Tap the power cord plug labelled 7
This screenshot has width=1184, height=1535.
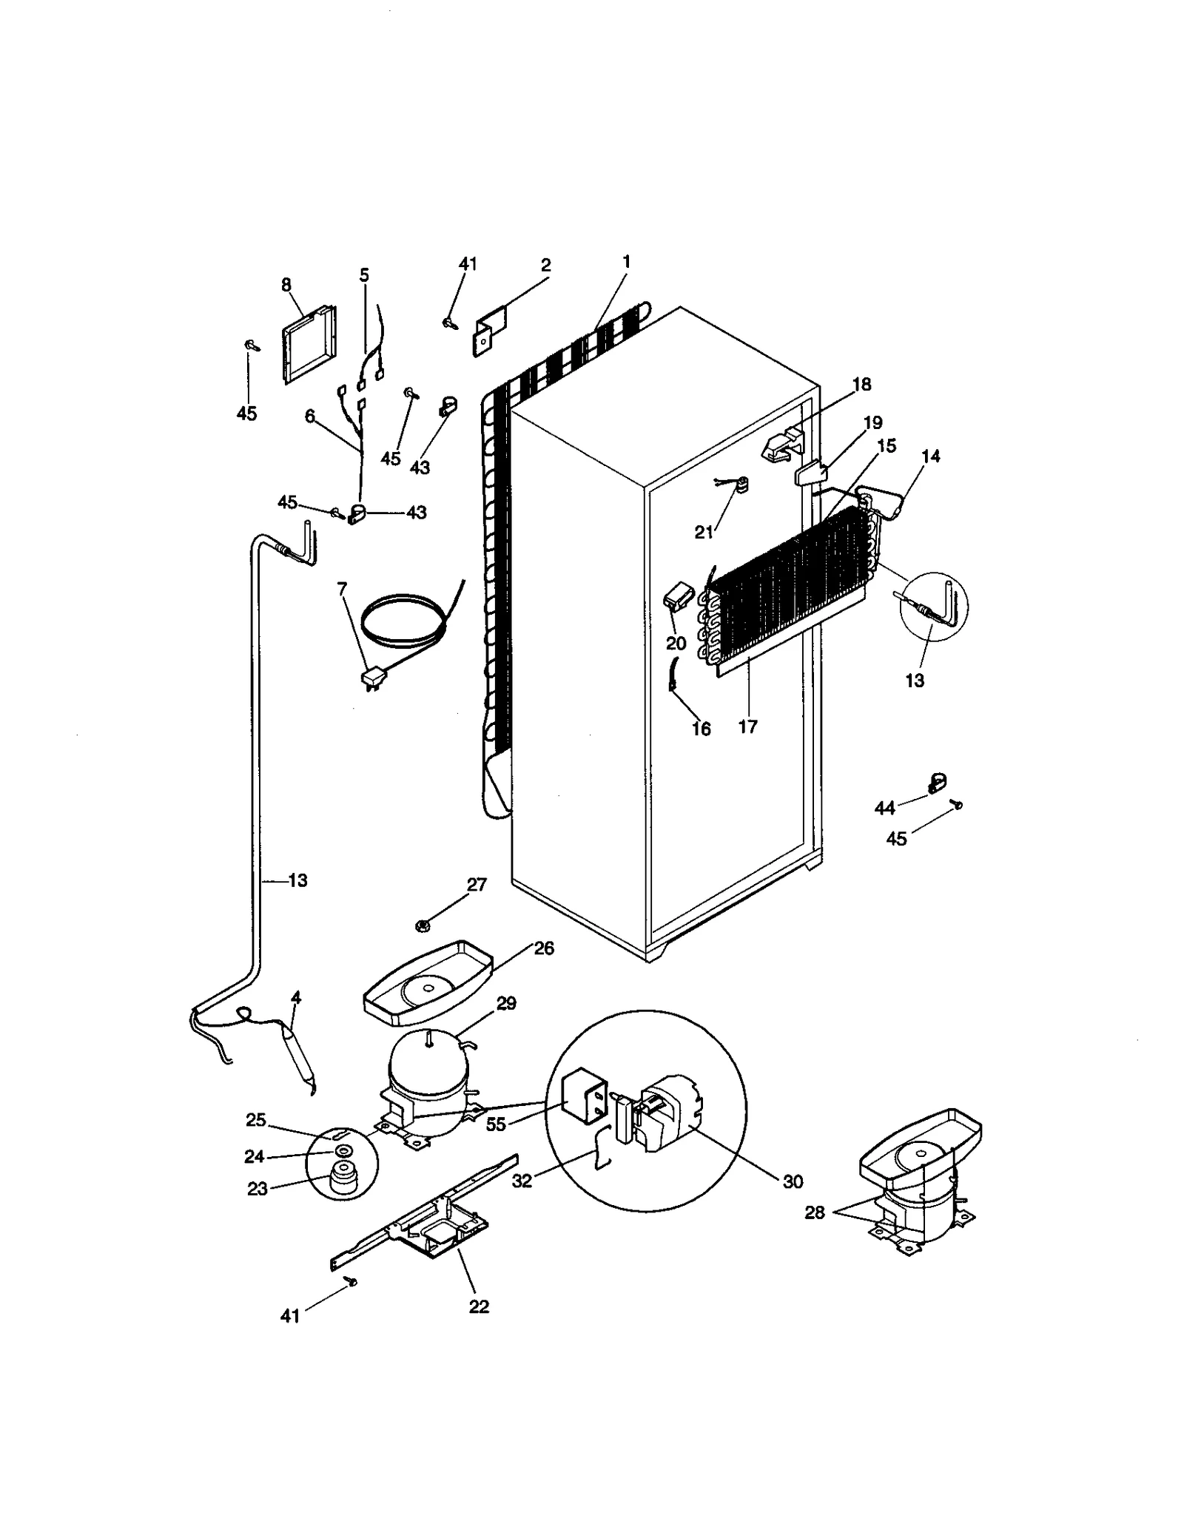371,678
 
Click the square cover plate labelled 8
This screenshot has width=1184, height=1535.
309,345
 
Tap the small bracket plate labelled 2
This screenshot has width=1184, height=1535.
490,332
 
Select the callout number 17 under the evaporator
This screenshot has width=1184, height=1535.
747,726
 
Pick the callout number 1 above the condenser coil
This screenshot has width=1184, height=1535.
626,261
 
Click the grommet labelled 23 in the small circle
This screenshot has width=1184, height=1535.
342,1178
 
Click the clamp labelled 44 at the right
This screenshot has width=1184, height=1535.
937,783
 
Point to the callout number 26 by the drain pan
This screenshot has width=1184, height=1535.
544,948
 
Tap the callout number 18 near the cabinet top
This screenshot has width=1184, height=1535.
861,384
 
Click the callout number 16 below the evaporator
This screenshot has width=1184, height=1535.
700,729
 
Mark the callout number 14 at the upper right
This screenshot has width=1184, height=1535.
931,456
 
